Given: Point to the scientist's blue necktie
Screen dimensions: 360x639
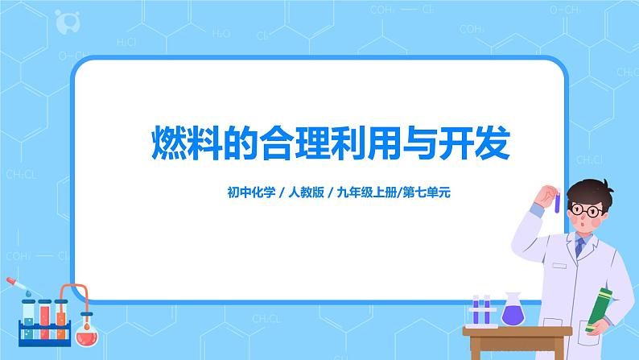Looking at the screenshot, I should (582, 250).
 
